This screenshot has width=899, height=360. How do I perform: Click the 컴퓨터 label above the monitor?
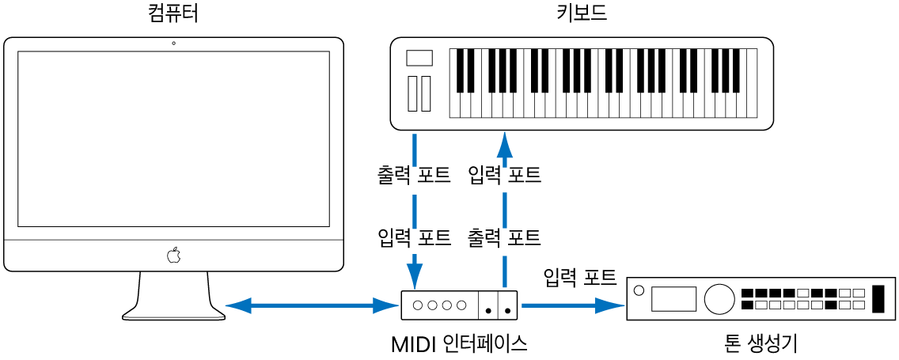(x=173, y=14)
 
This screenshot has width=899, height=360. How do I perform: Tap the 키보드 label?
(x=582, y=14)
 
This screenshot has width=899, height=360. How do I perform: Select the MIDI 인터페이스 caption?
(x=459, y=344)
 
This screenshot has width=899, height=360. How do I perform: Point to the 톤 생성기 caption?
(x=760, y=344)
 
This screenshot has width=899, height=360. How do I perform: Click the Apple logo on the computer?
(x=173, y=255)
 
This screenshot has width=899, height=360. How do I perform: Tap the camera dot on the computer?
(x=173, y=43)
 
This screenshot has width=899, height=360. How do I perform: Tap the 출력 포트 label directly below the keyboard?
(x=414, y=175)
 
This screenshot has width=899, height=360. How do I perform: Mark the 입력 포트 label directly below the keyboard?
(x=504, y=175)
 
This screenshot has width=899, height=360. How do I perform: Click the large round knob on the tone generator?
(x=719, y=298)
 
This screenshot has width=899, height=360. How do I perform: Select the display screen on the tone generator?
(x=673, y=298)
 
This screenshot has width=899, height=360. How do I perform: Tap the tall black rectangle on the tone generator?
(x=877, y=298)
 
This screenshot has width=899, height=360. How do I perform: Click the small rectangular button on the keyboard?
(x=419, y=58)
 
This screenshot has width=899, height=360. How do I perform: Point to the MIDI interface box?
(x=460, y=305)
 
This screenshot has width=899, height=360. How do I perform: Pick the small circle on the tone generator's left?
(x=639, y=288)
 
